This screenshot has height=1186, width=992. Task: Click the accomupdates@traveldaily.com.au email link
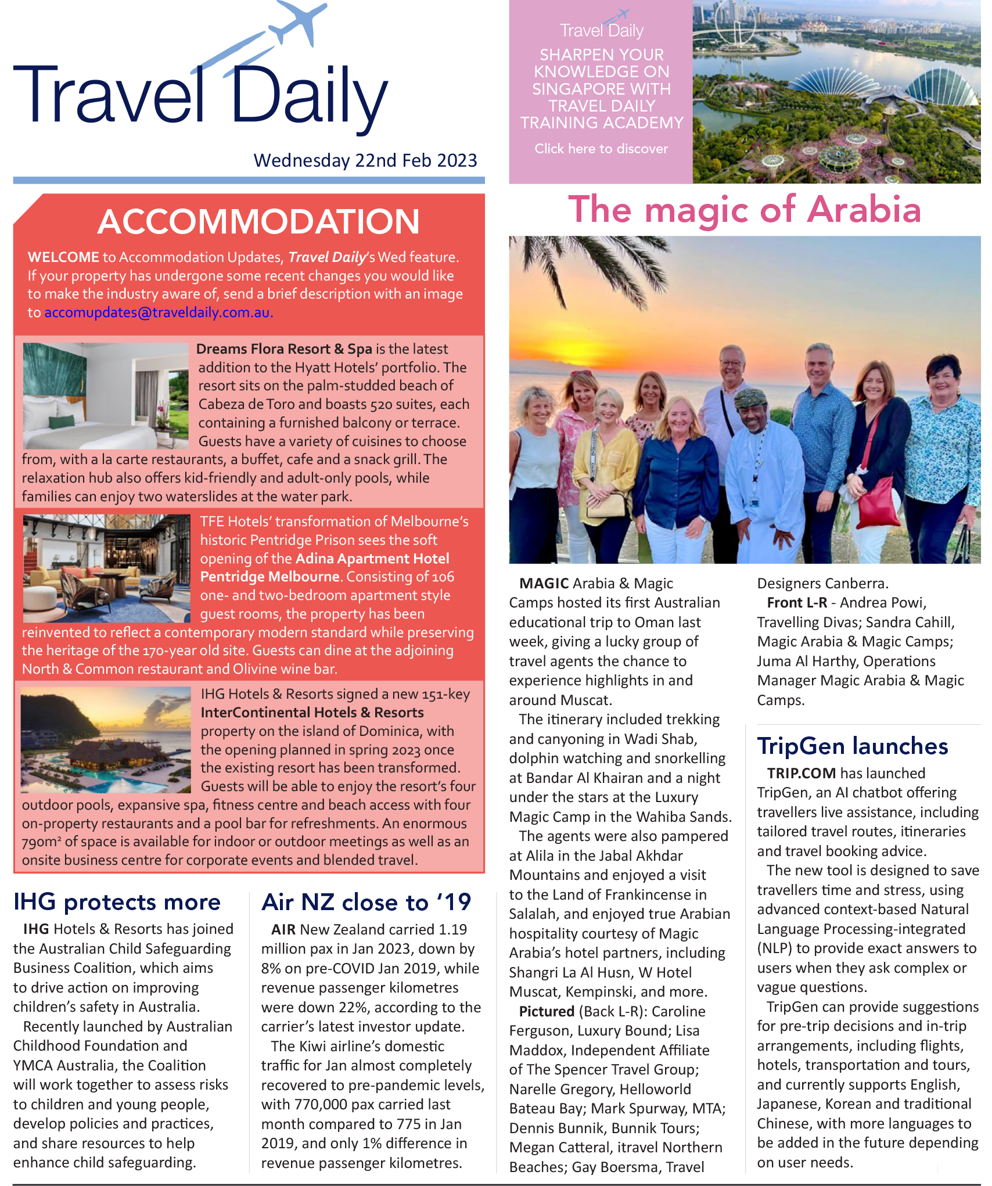tap(157, 312)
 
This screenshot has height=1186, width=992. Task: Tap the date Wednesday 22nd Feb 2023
tap(365, 160)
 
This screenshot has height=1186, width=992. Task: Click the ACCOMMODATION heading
tap(258, 221)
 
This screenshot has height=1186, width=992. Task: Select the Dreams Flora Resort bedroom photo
tap(106, 395)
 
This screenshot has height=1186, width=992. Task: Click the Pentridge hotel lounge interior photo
tap(107, 568)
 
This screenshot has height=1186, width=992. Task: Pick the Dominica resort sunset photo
tap(106, 739)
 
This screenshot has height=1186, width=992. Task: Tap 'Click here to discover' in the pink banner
tap(601, 149)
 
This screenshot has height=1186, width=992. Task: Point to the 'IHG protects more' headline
tap(117, 902)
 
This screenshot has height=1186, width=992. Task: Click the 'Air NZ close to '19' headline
tap(366, 902)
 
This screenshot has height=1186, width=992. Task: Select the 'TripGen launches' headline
tap(852, 746)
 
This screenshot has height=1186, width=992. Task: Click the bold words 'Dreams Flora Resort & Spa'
tap(284, 349)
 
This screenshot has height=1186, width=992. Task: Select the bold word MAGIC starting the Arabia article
tap(544, 583)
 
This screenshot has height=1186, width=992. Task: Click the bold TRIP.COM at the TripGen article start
tap(801, 773)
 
